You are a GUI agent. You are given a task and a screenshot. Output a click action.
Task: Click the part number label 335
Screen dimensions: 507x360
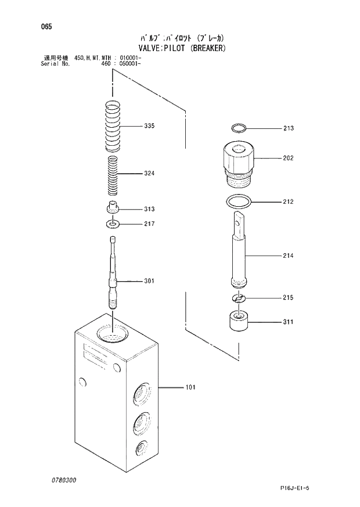click(x=149, y=126)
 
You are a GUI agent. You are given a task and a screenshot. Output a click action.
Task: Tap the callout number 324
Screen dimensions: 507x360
click(x=149, y=173)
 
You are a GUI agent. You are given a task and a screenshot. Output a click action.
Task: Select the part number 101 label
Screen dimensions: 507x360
click(x=190, y=387)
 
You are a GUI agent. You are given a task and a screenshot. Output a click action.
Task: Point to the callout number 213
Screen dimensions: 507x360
click(x=289, y=128)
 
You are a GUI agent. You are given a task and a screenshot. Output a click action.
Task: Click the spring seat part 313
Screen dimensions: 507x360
click(x=114, y=208)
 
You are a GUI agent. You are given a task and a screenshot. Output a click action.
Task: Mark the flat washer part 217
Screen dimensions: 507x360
click(x=114, y=224)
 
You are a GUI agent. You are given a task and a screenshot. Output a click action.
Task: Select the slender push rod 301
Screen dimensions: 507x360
click(x=114, y=273)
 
